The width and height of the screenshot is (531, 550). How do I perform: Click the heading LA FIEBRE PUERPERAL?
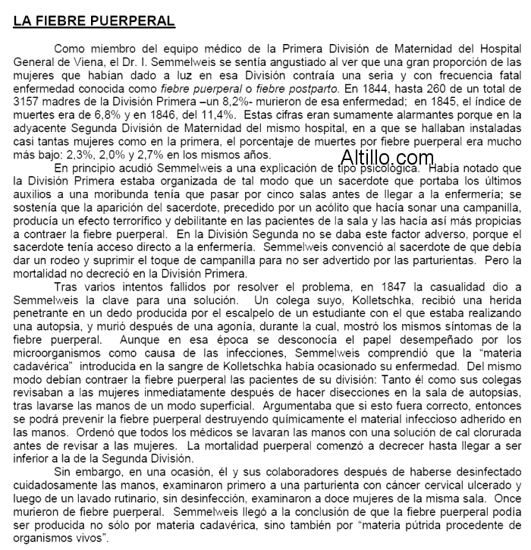[x=94, y=20]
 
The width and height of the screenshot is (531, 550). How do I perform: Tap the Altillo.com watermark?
[x=387, y=158]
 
